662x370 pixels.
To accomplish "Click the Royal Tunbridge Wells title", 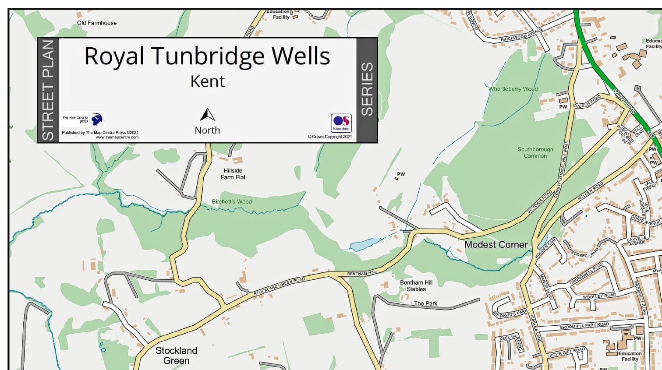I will (207, 56).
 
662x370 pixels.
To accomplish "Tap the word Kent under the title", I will (207, 81).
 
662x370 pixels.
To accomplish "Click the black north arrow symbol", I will (207, 115).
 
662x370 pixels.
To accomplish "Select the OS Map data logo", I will (341, 123).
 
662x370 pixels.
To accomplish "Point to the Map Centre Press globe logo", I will (96, 119).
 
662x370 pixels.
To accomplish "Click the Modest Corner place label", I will (496, 245).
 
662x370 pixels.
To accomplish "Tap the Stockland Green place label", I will (176, 356).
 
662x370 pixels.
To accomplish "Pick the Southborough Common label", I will (535, 152).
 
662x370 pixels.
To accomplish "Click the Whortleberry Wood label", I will (513, 89).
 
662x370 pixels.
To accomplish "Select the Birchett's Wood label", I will (232, 201).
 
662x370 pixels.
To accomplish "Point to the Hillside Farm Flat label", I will (233, 174).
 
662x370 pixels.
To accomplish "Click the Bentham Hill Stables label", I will (416, 285).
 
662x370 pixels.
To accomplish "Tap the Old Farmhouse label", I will (97, 23).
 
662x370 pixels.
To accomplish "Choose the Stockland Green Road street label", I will (279, 286).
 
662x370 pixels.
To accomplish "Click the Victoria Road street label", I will (540, 201).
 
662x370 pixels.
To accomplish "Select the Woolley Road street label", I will (599, 296).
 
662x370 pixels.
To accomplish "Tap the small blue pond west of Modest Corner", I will (365, 243).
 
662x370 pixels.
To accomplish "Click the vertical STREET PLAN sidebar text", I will (48, 90).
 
